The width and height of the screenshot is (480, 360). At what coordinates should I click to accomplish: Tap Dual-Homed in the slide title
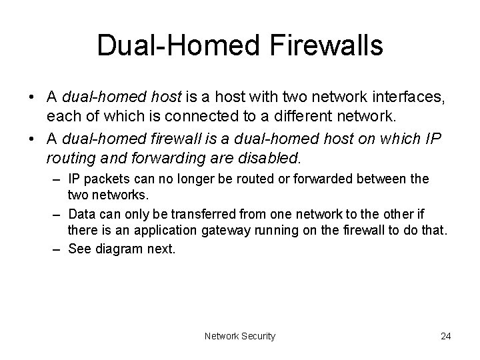point(173,46)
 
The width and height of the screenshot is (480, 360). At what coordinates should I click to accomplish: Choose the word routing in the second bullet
point(69,159)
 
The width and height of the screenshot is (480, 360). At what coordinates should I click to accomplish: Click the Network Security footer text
point(240,336)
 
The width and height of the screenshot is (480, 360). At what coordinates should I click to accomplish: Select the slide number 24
point(445,336)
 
